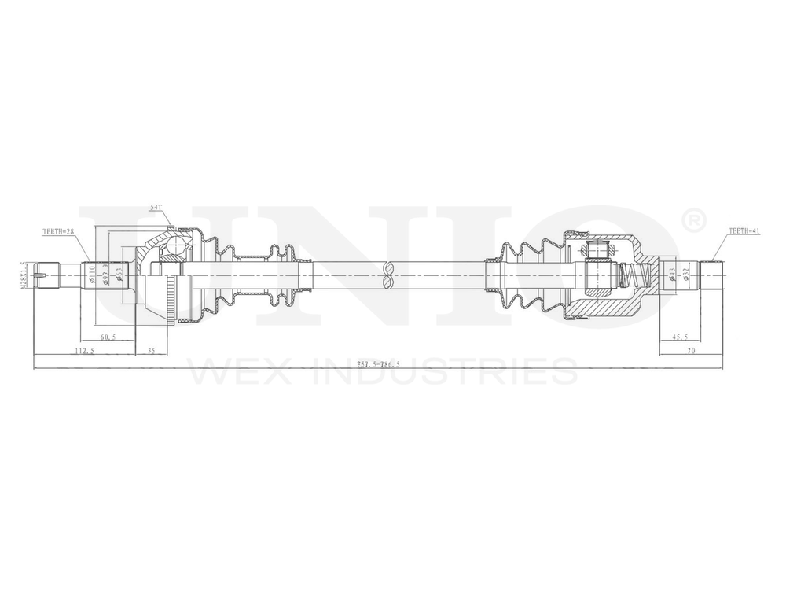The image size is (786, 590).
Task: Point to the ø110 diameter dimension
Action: coord(92,275)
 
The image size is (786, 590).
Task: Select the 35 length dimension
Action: coord(151,351)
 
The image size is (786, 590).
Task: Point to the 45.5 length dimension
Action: coord(681,337)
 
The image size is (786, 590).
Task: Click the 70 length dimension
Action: coord(691,351)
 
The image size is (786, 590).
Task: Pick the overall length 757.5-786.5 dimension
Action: coord(378,364)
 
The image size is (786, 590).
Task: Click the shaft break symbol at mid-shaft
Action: coord(387,275)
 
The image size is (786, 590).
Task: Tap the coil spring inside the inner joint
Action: coord(634,275)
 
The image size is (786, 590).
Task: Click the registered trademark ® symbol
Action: coord(694,222)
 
